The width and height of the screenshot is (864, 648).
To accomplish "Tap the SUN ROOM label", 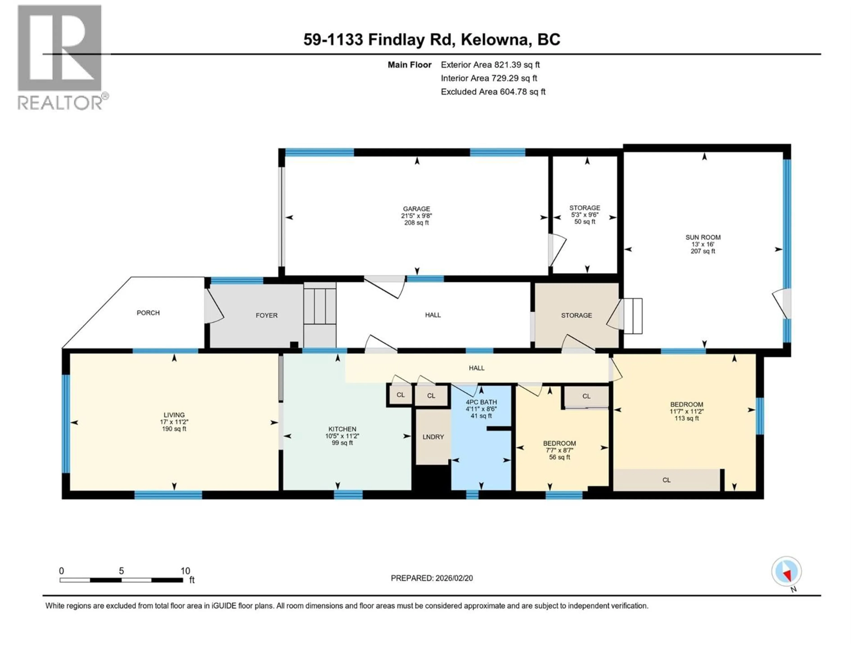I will (x=703, y=237).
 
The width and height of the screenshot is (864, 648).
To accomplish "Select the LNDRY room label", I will (x=433, y=437).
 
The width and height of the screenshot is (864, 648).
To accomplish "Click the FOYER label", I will (x=266, y=315).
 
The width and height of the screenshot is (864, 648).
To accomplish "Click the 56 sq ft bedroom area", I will (x=559, y=457).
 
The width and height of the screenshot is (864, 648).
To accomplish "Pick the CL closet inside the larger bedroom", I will (x=666, y=480).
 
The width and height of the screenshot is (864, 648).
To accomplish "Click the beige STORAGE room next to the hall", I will (x=576, y=315).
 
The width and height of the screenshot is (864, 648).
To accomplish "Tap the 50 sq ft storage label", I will (x=585, y=221).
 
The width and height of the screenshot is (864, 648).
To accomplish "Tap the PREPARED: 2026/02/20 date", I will (x=432, y=578).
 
